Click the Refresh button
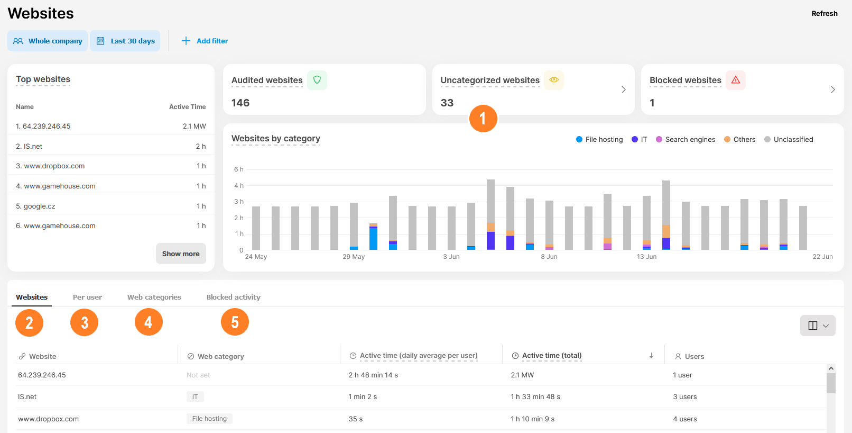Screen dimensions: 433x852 (x=824, y=14)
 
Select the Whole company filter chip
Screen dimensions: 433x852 (x=48, y=41)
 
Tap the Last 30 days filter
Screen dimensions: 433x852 (x=125, y=41)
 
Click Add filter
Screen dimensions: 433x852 (x=205, y=41)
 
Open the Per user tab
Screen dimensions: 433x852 (x=87, y=297)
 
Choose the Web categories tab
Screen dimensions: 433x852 (x=154, y=297)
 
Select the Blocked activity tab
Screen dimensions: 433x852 (x=233, y=297)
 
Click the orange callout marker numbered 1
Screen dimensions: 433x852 (x=483, y=119)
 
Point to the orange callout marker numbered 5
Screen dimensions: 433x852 (x=235, y=322)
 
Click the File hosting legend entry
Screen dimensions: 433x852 (x=599, y=139)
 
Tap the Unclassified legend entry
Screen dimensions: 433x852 (x=789, y=139)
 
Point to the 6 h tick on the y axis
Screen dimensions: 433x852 (x=239, y=169)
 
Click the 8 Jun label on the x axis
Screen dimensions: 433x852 (x=549, y=257)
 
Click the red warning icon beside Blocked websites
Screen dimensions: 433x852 (x=735, y=80)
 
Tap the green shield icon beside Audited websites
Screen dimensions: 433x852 (x=317, y=80)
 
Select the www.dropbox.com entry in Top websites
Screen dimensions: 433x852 (x=54, y=166)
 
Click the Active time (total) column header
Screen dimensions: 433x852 (x=551, y=356)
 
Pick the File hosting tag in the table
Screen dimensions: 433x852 (x=209, y=419)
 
